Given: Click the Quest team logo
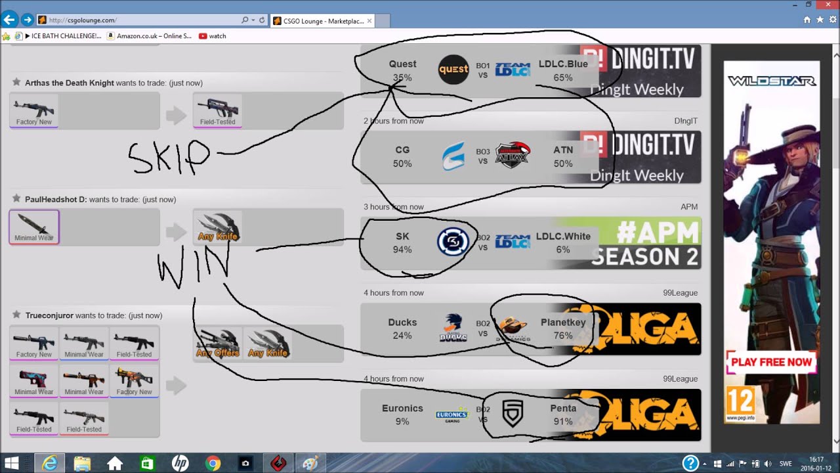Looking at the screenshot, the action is pyautogui.click(x=453, y=70).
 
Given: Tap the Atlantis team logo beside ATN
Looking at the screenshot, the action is pyautogui.click(x=512, y=156).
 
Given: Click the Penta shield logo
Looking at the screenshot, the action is pyautogui.click(x=513, y=414).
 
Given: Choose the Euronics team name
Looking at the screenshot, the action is pyautogui.click(x=402, y=409).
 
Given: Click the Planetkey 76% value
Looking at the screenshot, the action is pyautogui.click(x=562, y=336).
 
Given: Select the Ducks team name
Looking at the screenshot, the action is pyautogui.click(x=402, y=323).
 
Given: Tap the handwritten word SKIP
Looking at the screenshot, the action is pyautogui.click(x=169, y=158).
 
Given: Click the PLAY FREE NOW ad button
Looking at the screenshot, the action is pyautogui.click(x=771, y=362).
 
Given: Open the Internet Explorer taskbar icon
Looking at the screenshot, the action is pyautogui.click(x=49, y=463).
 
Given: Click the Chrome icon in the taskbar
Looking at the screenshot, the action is pyautogui.click(x=213, y=463).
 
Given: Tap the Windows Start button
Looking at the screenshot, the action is pyautogui.click(x=11, y=463).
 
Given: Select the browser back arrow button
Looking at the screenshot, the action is pyautogui.click(x=9, y=20).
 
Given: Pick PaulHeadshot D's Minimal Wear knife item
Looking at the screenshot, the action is pyautogui.click(x=34, y=227).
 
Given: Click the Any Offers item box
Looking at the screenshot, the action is pyautogui.click(x=218, y=344).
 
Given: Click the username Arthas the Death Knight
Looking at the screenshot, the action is pyautogui.click(x=69, y=83).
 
